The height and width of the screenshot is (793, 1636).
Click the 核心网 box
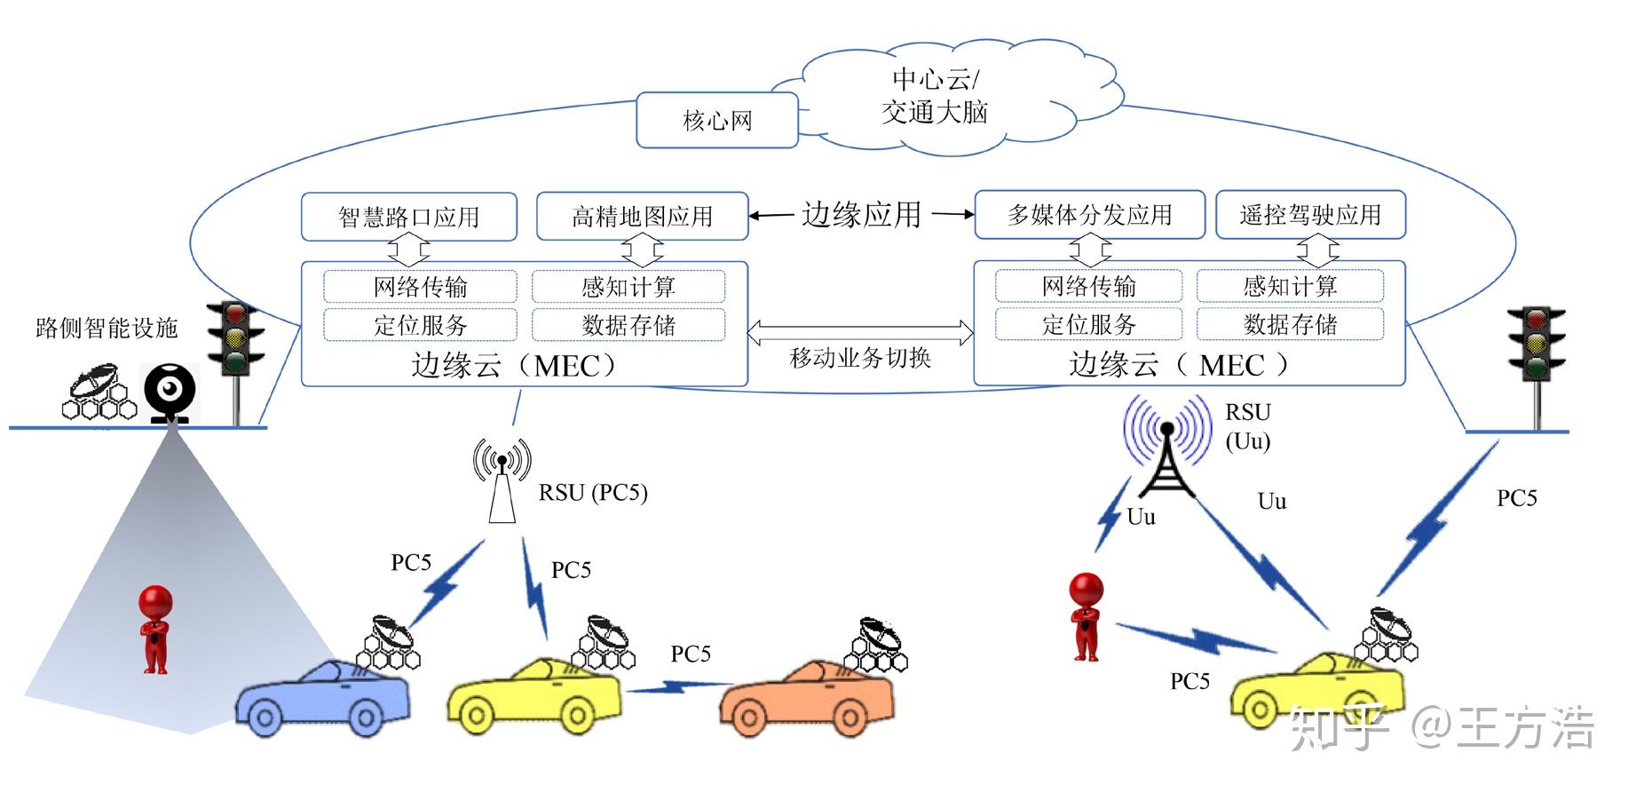pyautogui.click(x=716, y=120)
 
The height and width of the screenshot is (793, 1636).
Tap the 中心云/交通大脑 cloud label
pyautogui.click(x=934, y=96)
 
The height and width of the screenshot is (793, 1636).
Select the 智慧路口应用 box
pyautogui.click(x=408, y=217)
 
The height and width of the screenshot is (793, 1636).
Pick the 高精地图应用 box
pyautogui.click(x=642, y=216)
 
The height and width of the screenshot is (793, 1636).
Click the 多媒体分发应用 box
pyautogui.click(x=1089, y=215)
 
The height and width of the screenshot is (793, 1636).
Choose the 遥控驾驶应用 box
pyautogui.click(x=1309, y=215)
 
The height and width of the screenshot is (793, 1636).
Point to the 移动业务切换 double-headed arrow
pyautogui.click(x=860, y=333)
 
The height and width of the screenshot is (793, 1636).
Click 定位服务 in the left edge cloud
pyautogui.click(x=420, y=325)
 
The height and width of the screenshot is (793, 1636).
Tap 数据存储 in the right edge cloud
pyautogui.click(x=1289, y=324)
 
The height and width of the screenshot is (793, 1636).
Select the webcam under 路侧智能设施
pyautogui.click(x=170, y=392)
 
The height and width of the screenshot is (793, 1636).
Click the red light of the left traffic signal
pyautogui.click(x=235, y=314)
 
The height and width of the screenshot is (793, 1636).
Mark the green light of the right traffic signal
pyautogui.click(x=1536, y=365)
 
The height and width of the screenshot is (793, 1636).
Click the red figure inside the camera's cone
pyautogui.click(x=155, y=629)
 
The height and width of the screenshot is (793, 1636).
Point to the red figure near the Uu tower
pyautogui.click(x=1087, y=616)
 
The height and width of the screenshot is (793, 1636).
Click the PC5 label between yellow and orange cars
pyautogui.click(x=691, y=654)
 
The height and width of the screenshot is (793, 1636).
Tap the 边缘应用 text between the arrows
pyautogui.click(x=861, y=215)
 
